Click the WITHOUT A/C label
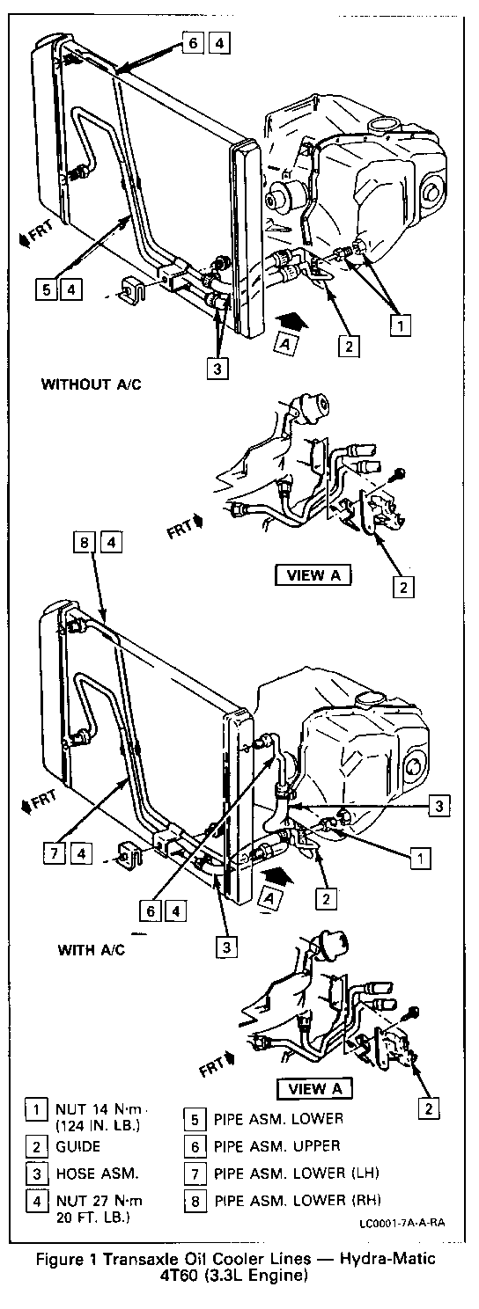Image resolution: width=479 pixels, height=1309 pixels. tap(91, 384)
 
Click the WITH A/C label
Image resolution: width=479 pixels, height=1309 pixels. tap(92, 949)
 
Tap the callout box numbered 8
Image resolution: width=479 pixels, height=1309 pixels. tap(85, 543)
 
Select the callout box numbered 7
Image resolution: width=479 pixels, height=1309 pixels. tap(55, 854)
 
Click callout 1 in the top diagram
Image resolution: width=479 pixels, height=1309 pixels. tap(401, 325)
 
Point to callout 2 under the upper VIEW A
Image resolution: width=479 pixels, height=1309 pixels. tap(403, 587)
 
